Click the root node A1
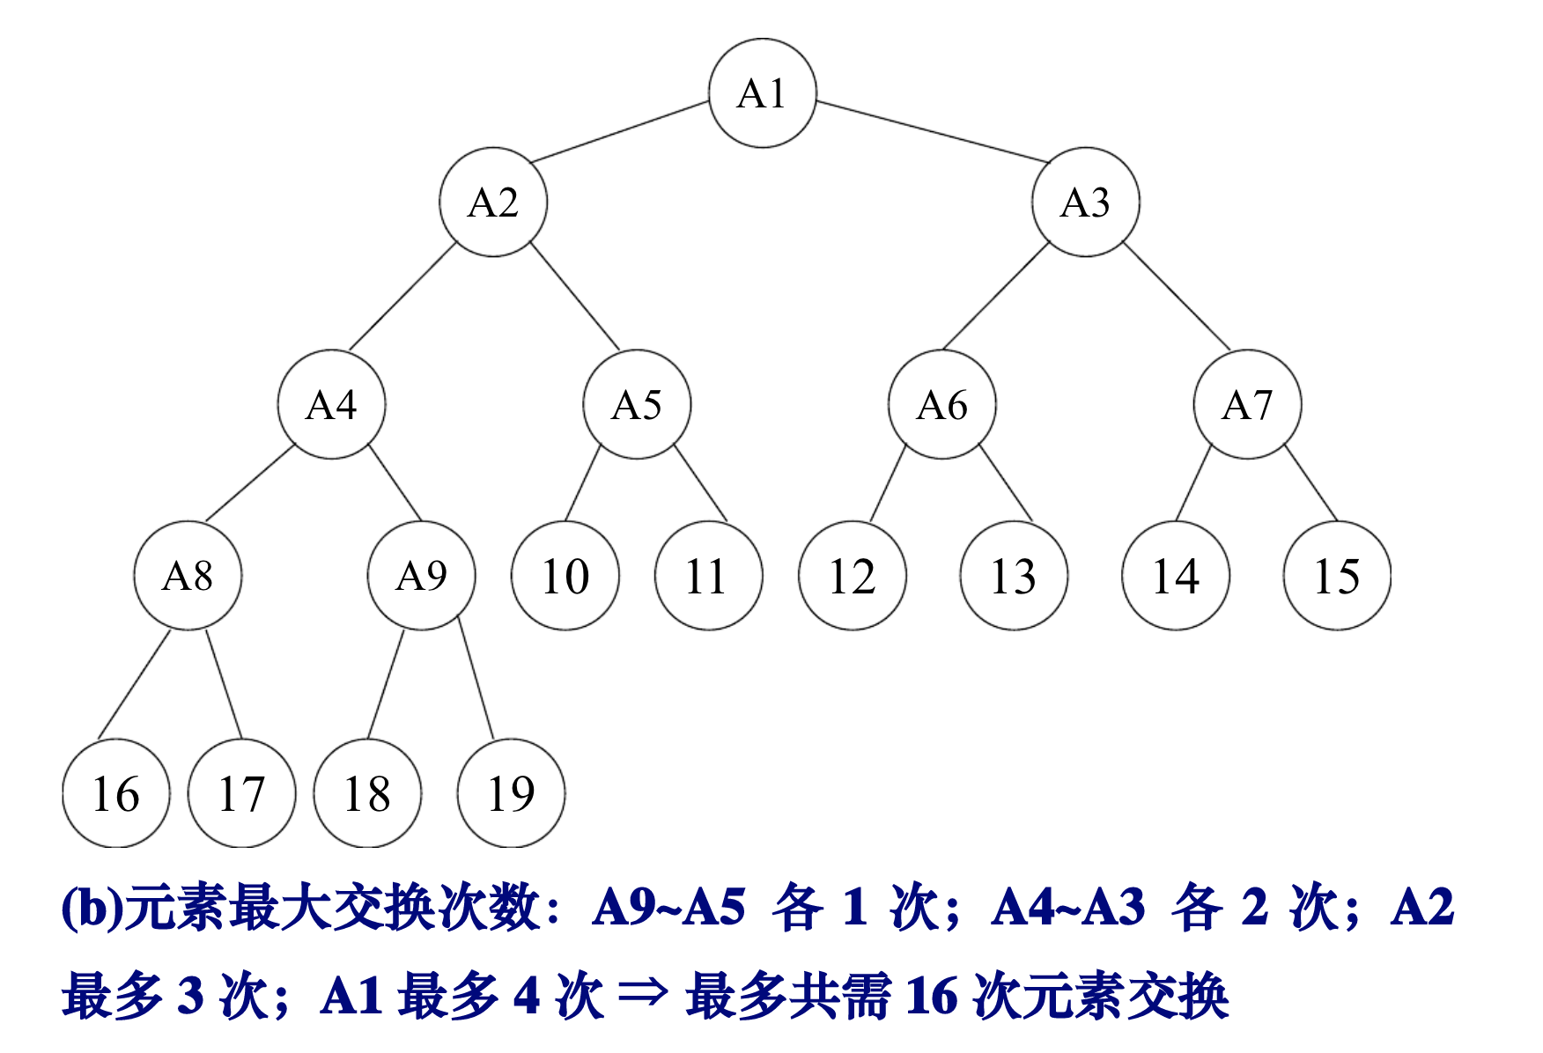tap(763, 93)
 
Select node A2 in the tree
tap(493, 202)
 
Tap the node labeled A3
tap(1086, 202)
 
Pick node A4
tap(331, 405)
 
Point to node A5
tap(637, 405)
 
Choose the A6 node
tap(941, 405)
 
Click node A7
tap(1247, 405)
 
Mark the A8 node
tap(188, 576)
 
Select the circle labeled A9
tap(421, 576)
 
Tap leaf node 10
tap(565, 576)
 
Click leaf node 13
tap(1014, 576)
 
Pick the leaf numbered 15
tap(1337, 576)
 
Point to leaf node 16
tap(115, 793)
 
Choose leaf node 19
tap(511, 793)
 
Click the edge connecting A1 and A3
tap(934, 132)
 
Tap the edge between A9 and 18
tap(386, 684)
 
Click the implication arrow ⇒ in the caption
tap(644, 995)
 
